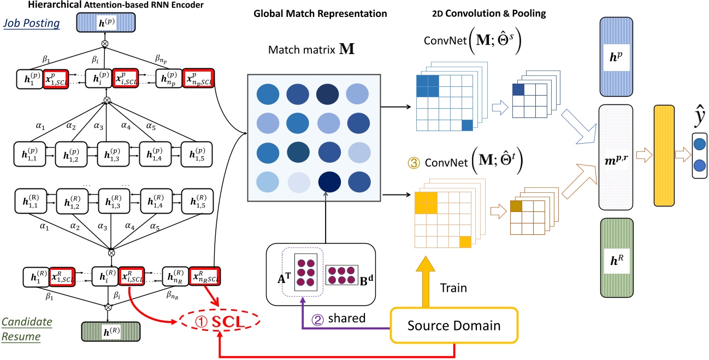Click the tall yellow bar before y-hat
(x=666, y=157)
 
